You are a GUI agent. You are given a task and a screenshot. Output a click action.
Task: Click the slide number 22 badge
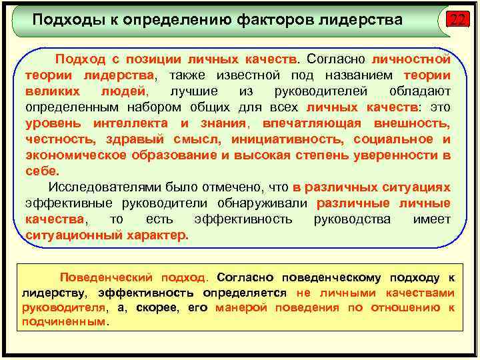point(456,20)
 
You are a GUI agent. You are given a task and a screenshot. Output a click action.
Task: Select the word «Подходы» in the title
point(61,19)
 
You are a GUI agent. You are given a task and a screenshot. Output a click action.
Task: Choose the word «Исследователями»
point(96,187)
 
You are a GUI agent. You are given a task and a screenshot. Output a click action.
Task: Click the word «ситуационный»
point(69,235)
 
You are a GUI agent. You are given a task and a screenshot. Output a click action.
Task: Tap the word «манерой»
point(241,307)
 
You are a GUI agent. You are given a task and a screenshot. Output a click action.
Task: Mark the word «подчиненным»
point(63,321)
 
